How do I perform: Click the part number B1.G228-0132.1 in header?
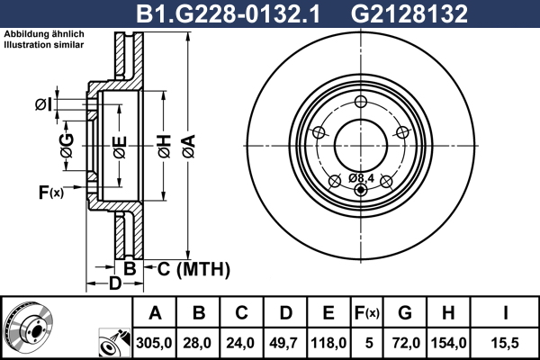click(229, 13)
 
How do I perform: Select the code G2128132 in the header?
click(409, 13)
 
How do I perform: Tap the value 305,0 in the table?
click(154, 343)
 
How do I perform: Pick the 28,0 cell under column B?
click(197, 343)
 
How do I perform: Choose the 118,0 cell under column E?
click(328, 343)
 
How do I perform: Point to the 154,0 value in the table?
click(449, 343)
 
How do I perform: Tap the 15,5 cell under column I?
click(505, 343)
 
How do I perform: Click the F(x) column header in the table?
click(367, 313)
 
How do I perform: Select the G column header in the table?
click(405, 313)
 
